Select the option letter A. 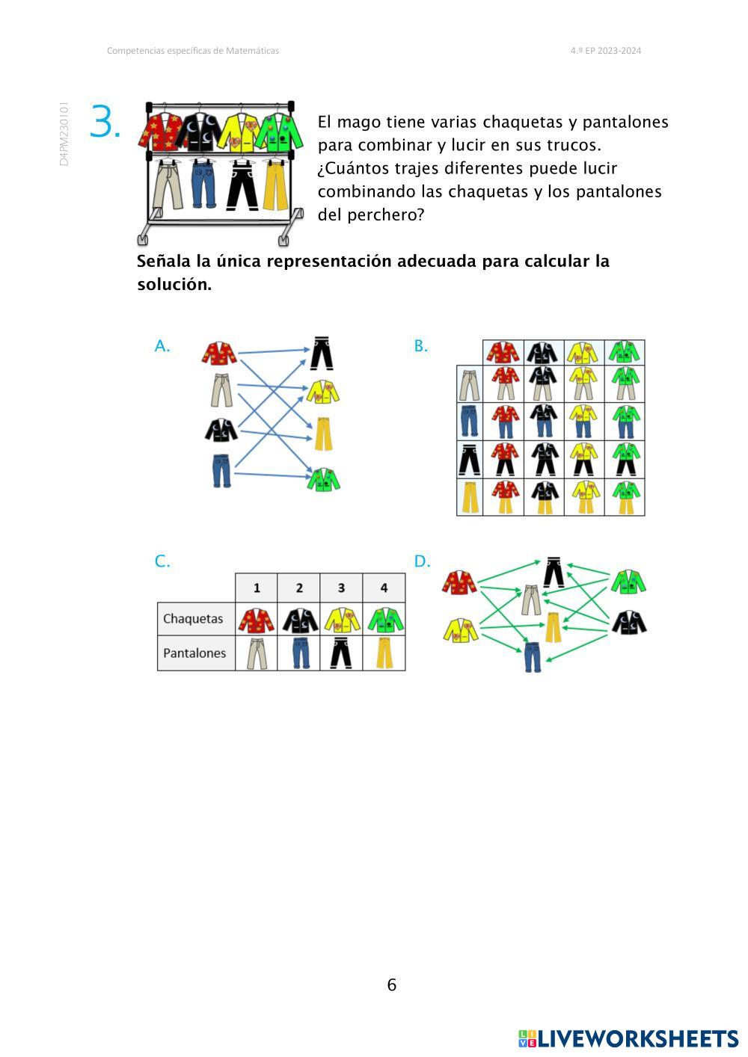click(x=162, y=346)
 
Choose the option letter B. click(x=420, y=346)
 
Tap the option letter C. click(x=162, y=562)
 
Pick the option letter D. click(x=422, y=562)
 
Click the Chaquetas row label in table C click(x=193, y=619)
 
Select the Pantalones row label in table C click(x=194, y=653)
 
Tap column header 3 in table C click(x=341, y=588)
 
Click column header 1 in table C click(x=257, y=588)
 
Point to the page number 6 click(x=391, y=985)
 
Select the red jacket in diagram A click(x=219, y=353)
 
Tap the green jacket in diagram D click(x=628, y=582)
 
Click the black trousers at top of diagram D click(x=554, y=572)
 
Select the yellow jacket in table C click(x=342, y=619)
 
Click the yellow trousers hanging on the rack click(x=275, y=185)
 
